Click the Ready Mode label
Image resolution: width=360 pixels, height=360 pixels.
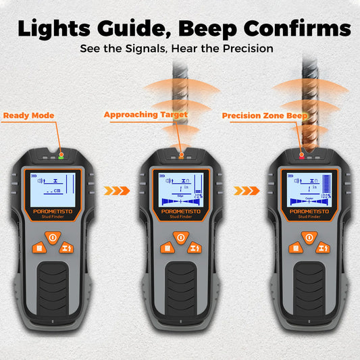tap(28, 115)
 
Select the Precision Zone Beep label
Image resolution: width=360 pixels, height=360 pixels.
tap(265, 116)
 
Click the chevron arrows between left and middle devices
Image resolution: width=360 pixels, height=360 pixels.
tap(115, 191)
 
